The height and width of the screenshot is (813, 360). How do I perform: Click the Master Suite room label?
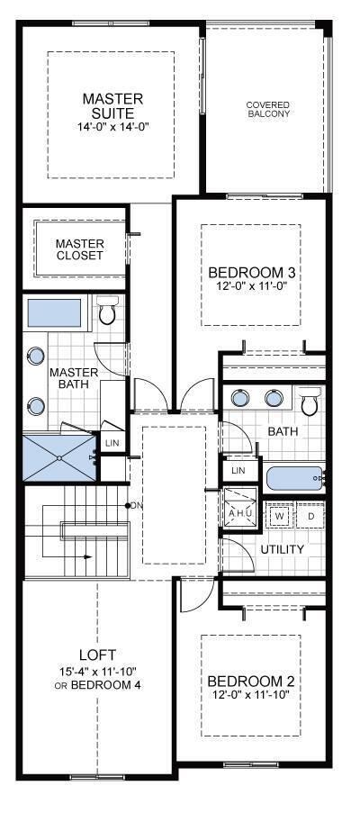click(112, 105)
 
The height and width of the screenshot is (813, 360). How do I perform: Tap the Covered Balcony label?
click(268, 108)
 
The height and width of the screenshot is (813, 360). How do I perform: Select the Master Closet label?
click(80, 249)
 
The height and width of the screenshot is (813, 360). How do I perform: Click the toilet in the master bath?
click(108, 310)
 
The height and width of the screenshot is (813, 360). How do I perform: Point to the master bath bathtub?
click(54, 313)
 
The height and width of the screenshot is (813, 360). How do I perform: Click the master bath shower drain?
click(59, 458)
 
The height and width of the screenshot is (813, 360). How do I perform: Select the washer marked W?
click(280, 516)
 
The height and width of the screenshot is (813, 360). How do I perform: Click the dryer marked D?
click(310, 516)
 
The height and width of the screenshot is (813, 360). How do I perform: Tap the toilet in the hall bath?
click(310, 401)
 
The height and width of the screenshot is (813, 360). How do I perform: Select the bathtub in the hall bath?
click(295, 478)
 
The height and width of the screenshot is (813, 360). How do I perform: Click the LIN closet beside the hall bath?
click(238, 469)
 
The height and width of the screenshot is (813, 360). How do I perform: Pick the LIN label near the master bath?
click(112, 443)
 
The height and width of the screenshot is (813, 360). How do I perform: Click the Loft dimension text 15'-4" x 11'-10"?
click(98, 673)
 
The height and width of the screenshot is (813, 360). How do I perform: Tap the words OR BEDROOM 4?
click(98, 685)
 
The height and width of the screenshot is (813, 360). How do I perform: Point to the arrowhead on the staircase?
click(88, 557)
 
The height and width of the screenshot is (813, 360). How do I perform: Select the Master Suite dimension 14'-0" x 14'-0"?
click(112, 126)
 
